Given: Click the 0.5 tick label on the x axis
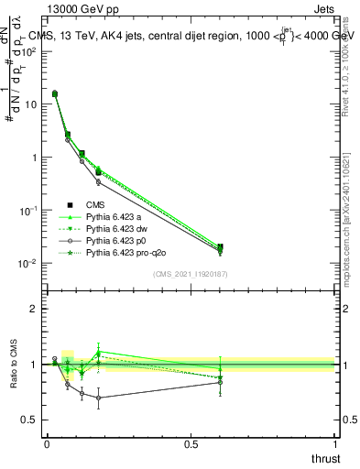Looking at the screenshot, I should (x=191, y=443).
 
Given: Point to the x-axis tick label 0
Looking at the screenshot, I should (x=47, y=443).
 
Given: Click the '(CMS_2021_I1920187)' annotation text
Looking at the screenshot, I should (x=190, y=273).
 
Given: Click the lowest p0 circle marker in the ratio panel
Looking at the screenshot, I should (x=98, y=398).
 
